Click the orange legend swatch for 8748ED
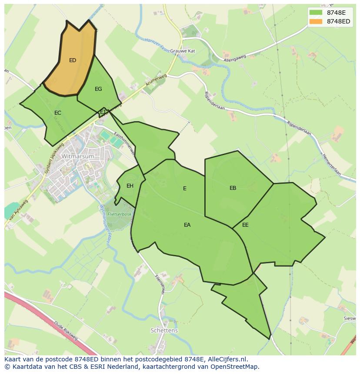[316, 22]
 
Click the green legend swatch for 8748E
[316, 13]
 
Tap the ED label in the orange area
[73, 60]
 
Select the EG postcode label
[98, 89]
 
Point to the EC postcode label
[58, 113]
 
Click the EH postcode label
[130, 186]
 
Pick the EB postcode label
[233, 188]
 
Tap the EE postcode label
[245, 225]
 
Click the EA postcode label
[187, 225]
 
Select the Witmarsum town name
[77, 156]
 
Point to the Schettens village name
[164, 331]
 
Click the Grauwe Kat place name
[183, 51]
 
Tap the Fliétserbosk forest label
[120, 215]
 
